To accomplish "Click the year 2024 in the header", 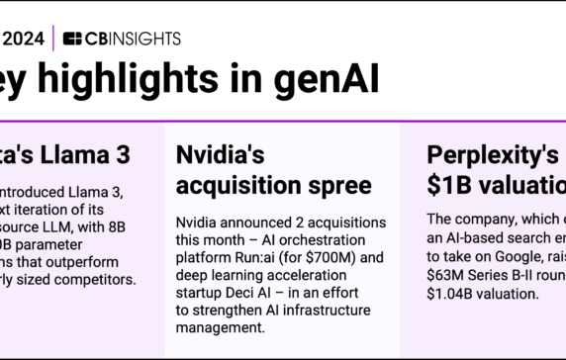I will point(22,39).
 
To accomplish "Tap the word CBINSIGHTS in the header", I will point(133,39).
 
